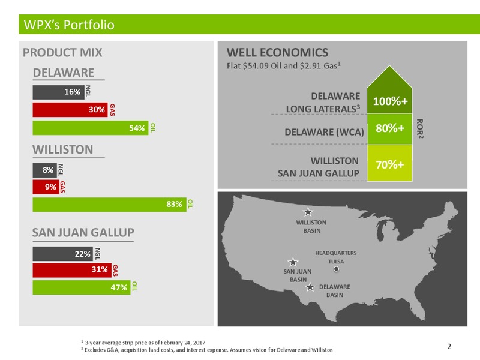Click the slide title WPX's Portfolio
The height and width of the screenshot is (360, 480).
pos(69,25)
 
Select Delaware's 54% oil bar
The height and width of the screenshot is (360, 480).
pos(91,128)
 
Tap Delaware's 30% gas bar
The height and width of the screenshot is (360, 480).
pos(70,110)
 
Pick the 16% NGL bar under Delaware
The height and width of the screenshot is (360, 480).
pos(58,92)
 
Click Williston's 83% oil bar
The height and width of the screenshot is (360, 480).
pos(110,205)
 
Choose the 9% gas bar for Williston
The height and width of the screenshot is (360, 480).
pos(46,187)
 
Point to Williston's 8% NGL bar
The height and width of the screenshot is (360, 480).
pos(44,170)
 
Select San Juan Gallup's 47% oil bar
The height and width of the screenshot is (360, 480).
pos(82,287)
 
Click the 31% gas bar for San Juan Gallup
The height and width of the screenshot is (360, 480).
pos(72,270)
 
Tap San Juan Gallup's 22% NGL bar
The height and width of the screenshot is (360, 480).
pos(63,254)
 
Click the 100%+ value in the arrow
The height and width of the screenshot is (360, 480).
pos(390,101)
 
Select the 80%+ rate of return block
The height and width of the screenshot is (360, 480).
pos(389,129)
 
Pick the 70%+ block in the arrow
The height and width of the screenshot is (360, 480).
pos(389,163)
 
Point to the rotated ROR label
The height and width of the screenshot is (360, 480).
pos(419,128)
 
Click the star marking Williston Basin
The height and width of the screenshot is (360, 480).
pos(308,212)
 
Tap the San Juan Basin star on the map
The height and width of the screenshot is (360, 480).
pos(293,262)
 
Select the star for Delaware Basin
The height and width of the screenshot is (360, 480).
pos(310,287)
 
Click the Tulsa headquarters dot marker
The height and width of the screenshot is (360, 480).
pos(336,269)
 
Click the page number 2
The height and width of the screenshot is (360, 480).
pos(449,347)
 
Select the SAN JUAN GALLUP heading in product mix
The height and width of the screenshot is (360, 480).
pos(83,233)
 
